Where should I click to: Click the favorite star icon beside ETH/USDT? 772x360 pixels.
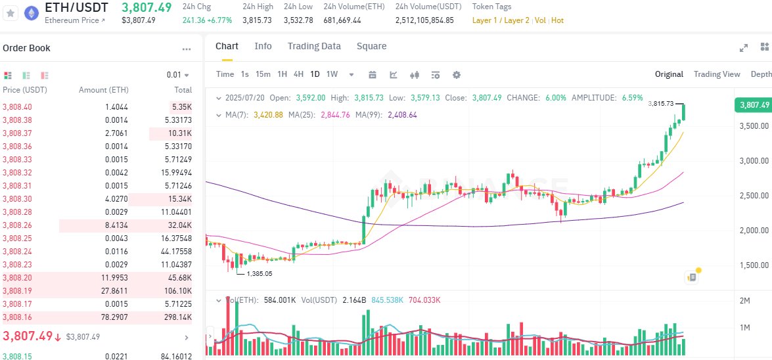(x=10, y=13)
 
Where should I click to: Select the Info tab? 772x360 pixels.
(x=263, y=46)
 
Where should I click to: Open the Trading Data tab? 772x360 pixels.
(x=314, y=46)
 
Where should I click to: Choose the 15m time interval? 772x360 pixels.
(x=263, y=74)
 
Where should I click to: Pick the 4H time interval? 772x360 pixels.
(x=298, y=74)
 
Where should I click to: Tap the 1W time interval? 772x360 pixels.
(x=332, y=74)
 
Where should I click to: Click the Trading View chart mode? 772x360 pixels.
(x=717, y=74)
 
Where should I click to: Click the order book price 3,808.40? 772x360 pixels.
(x=17, y=106)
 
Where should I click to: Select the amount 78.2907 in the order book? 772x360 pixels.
(x=114, y=317)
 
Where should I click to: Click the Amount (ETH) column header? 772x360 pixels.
(x=103, y=90)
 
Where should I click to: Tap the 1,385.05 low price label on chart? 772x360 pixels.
(x=260, y=273)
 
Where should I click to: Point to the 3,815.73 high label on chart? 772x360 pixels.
(x=660, y=104)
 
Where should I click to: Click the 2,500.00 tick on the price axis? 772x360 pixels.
(x=753, y=196)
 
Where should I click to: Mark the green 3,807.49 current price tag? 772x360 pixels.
(x=753, y=105)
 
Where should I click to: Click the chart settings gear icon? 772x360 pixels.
(x=457, y=74)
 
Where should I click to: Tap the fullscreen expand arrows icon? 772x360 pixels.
(x=744, y=47)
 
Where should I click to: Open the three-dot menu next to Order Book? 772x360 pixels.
(x=187, y=49)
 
